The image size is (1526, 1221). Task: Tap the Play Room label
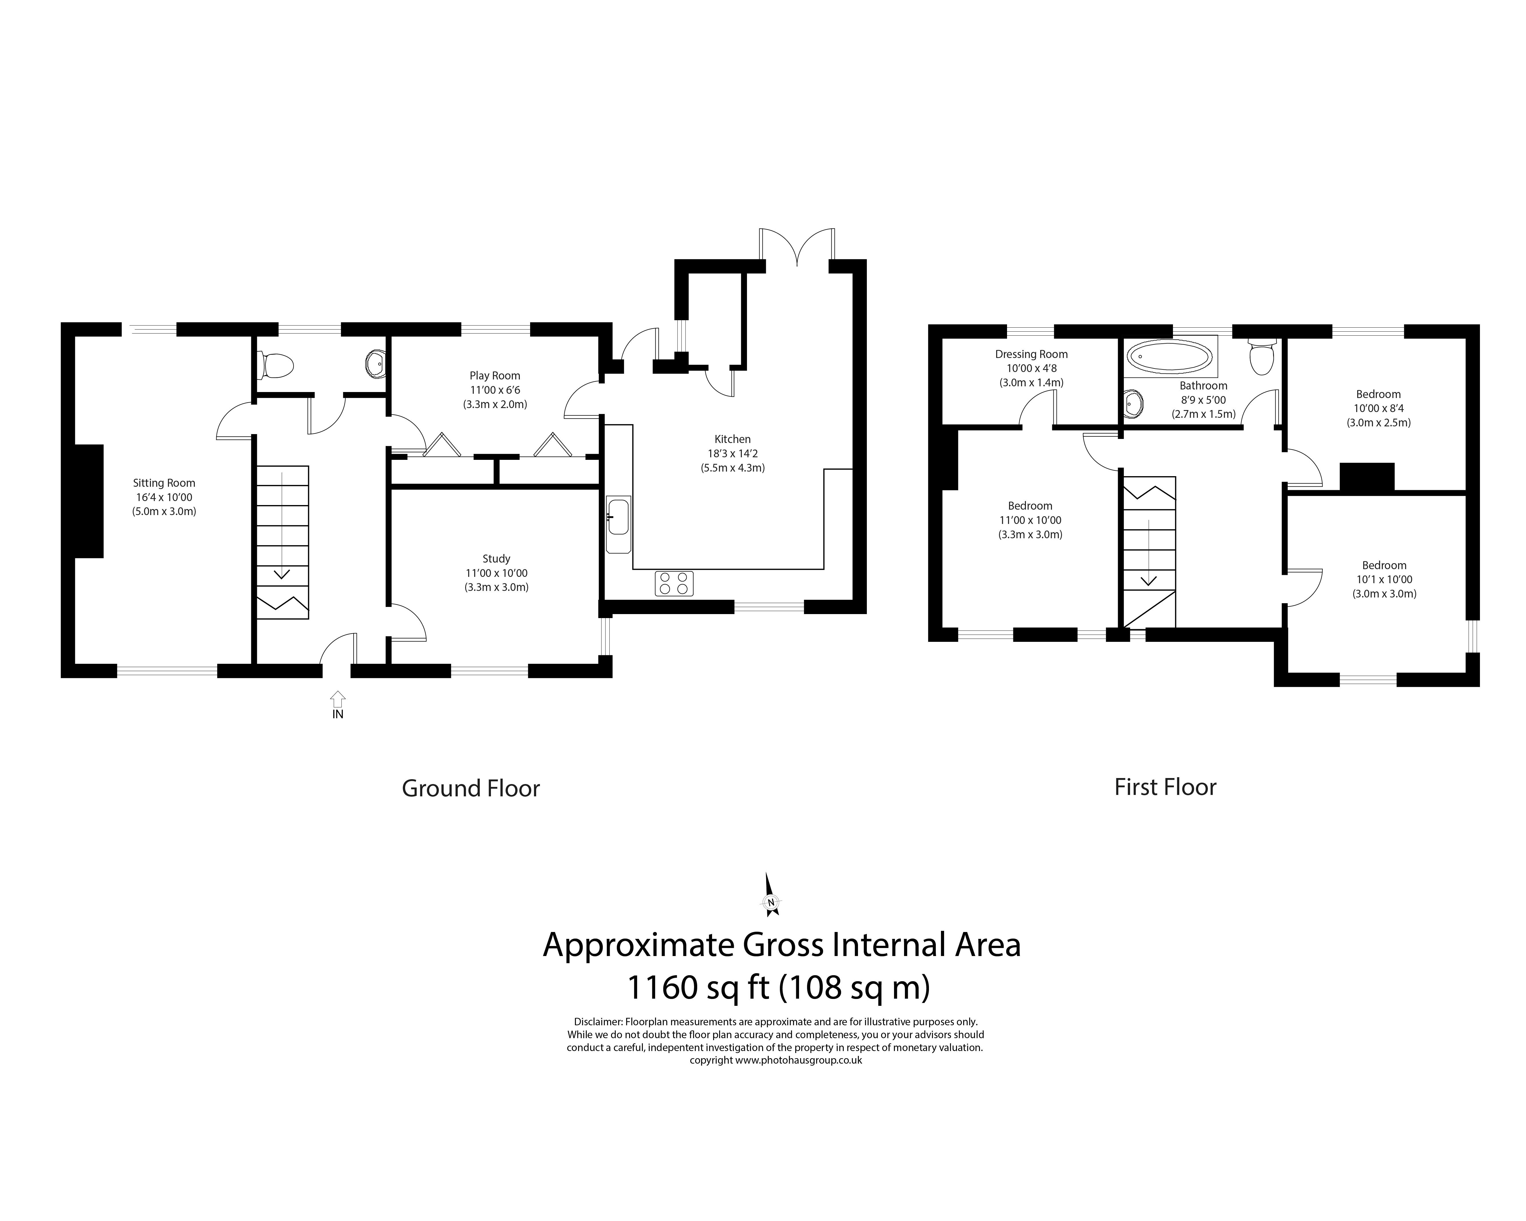click(495, 376)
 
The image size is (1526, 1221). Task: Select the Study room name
click(496, 559)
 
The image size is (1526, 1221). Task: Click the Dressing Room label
click(1031, 354)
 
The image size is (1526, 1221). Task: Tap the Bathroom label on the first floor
click(1203, 386)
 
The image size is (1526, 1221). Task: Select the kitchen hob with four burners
click(674, 583)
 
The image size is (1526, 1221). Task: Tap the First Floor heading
click(1165, 787)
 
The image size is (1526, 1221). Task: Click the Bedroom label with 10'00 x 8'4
click(1378, 394)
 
